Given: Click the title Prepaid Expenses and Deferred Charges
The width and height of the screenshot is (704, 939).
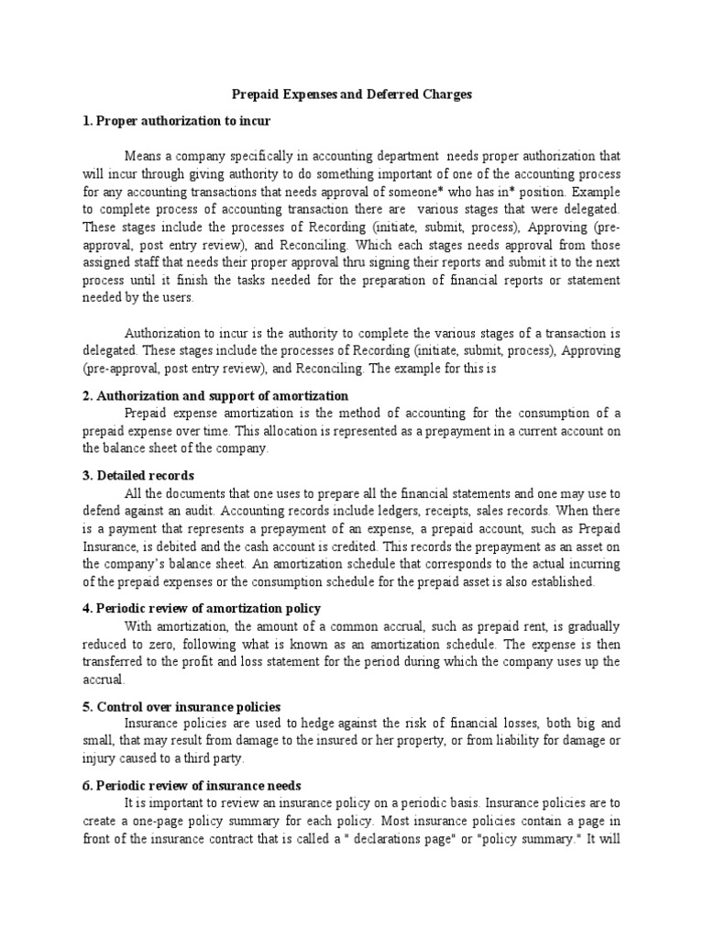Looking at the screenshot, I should pos(352,94).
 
